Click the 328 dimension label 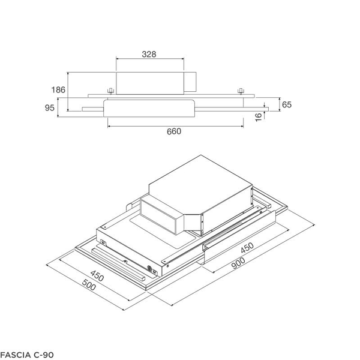[149, 54]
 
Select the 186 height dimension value [58, 90]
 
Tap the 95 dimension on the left [50, 108]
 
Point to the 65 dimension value [286, 105]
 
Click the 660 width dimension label [173, 132]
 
